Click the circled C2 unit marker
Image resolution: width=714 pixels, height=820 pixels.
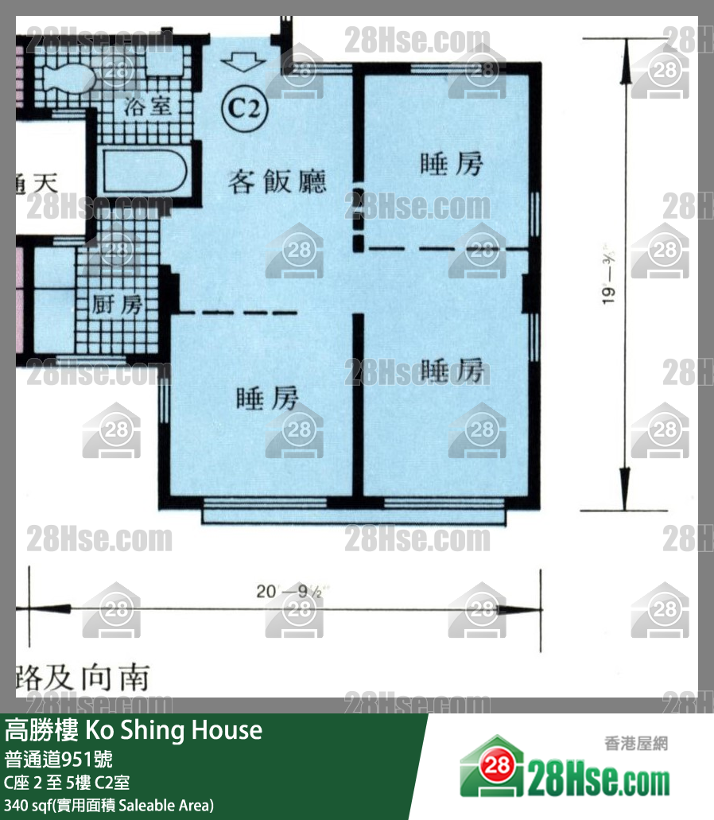246,107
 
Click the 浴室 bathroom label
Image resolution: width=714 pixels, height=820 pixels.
149,106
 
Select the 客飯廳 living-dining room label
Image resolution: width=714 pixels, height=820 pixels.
277,182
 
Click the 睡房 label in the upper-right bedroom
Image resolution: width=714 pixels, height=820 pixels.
451,165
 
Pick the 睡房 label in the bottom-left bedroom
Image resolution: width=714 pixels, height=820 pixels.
268,398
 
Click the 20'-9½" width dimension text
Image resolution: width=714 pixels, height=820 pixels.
288,592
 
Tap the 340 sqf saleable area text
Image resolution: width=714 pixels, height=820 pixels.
109,805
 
